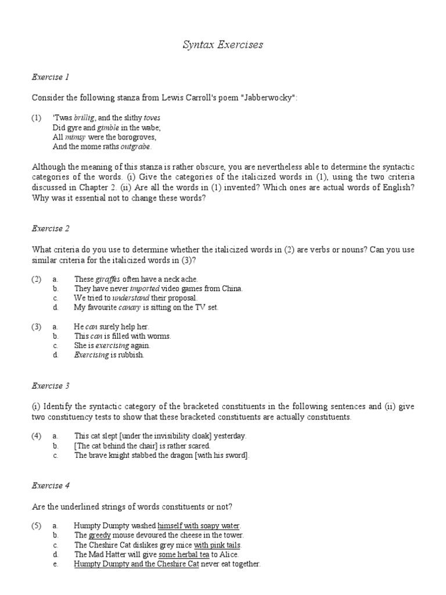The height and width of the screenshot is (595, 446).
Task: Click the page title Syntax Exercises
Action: point(223,45)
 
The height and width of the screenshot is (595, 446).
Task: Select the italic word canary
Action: point(131,307)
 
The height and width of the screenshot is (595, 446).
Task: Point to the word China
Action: point(231,288)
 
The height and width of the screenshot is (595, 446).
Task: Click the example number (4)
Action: point(37,436)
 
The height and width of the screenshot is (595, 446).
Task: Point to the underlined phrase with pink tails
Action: point(217,545)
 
